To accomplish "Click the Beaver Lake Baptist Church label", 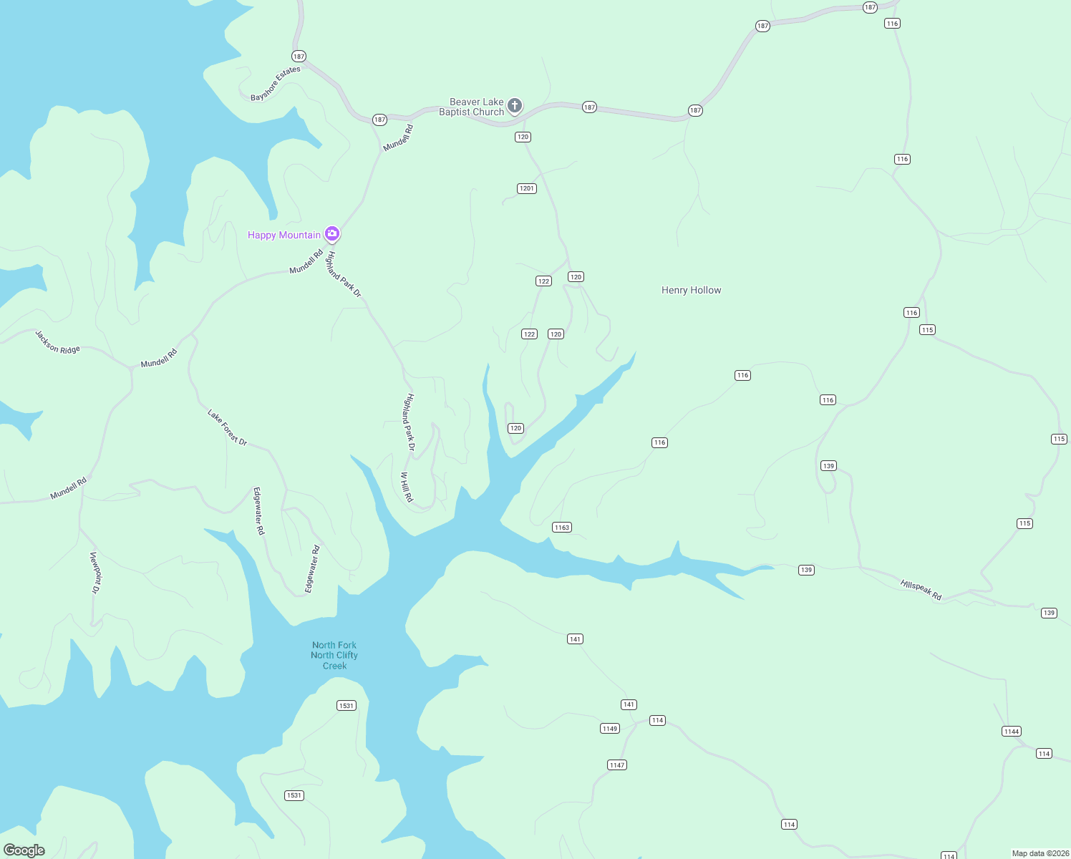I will click(472, 107).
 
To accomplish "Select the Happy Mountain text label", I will click(284, 235).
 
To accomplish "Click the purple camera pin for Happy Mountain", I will click(331, 233).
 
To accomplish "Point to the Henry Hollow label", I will click(691, 290).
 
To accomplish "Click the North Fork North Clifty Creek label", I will click(334, 655).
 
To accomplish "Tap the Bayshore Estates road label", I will click(276, 84).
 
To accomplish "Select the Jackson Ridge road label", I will click(58, 341).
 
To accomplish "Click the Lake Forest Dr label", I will click(227, 427).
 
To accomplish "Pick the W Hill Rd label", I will click(407, 487).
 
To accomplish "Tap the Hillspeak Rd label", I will click(921, 590).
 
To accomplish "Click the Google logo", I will click(24, 850).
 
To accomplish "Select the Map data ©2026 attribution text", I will click(1040, 853).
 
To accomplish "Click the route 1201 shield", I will click(527, 188).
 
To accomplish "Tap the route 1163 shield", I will click(562, 528).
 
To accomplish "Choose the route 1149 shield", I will click(610, 729).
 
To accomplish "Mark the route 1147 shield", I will click(617, 765).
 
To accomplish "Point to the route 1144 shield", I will click(1012, 732).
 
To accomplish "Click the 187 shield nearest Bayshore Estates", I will click(299, 56).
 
